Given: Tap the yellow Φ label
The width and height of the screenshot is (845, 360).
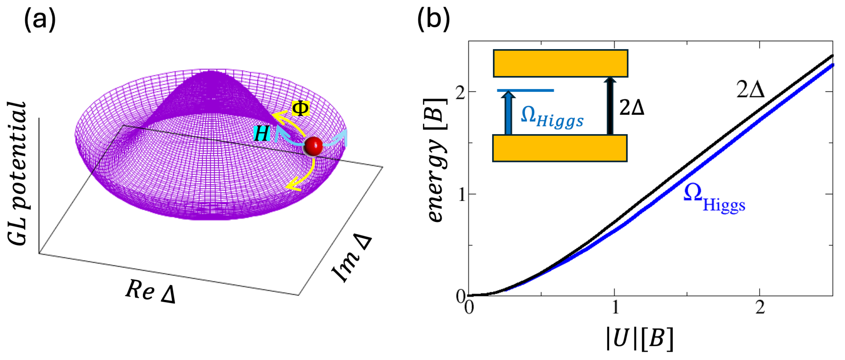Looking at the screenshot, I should (300, 109).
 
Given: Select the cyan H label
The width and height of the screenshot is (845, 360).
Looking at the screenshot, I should (262, 134).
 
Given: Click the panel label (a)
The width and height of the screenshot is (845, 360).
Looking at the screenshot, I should (40, 20).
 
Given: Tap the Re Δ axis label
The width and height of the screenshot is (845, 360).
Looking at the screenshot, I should (151, 291).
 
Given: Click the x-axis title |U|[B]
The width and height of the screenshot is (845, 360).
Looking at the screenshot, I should (639, 338).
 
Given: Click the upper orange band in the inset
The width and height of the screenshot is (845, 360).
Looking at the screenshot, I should (560, 63).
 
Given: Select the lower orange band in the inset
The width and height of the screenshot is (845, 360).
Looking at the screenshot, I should (560, 148).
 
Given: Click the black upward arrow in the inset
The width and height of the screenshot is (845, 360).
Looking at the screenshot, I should (610, 106).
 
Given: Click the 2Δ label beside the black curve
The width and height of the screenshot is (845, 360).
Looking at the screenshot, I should (750, 89).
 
